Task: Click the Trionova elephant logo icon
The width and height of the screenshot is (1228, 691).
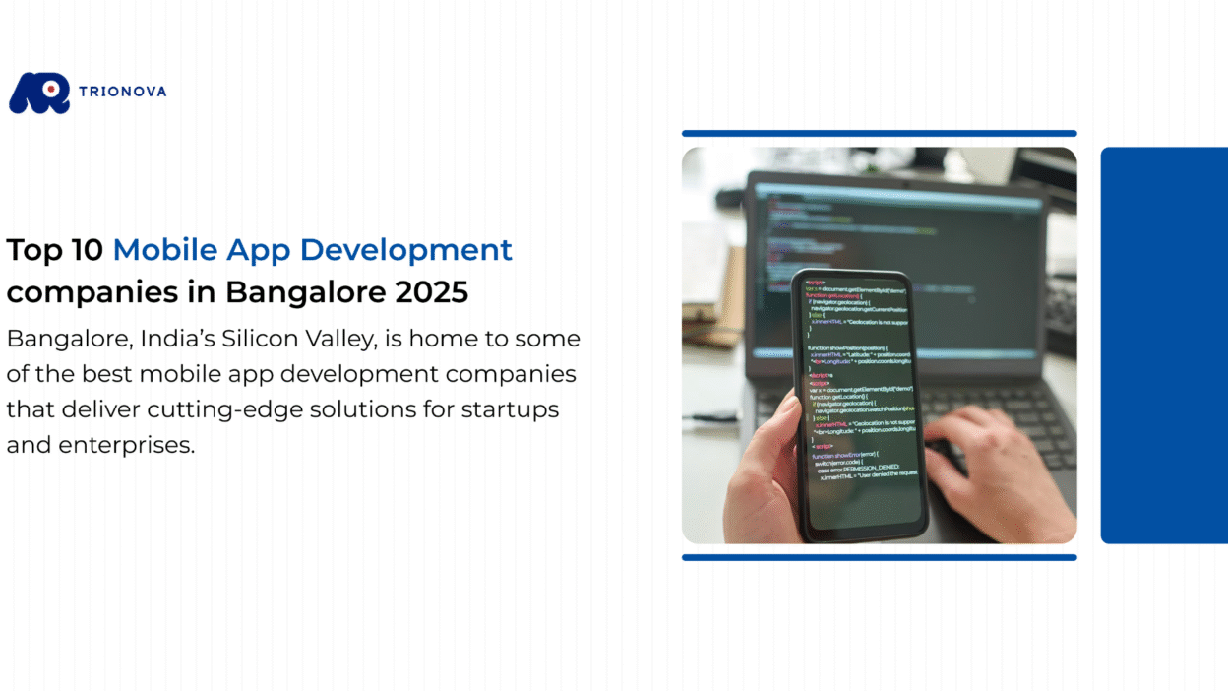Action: tap(39, 94)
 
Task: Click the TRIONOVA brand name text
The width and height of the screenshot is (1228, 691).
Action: tap(124, 92)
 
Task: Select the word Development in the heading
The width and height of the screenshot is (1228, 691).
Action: tap(406, 250)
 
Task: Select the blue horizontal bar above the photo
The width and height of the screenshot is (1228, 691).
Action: tap(879, 133)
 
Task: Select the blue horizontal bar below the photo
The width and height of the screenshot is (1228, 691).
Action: tap(879, 557)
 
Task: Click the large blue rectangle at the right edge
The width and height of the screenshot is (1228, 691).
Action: tap(1164, 345)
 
